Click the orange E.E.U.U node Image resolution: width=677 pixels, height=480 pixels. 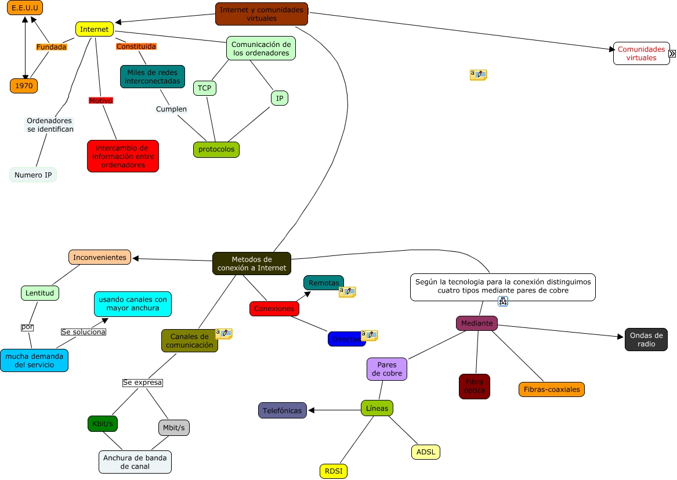tap(25, 8)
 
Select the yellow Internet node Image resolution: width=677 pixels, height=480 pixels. tap(94, 29)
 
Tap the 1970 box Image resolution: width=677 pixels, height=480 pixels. tap(24, 86)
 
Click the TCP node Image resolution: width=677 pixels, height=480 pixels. tap(204, 88)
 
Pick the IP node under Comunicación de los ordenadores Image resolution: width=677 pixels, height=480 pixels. tap(279, 99)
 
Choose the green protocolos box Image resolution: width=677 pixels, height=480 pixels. tap(216, 150)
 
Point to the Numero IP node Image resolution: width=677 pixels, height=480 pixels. tap(33, 175)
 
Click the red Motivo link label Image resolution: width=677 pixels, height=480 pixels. tap(100, 100)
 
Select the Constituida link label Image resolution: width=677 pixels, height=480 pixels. tap(136, 46)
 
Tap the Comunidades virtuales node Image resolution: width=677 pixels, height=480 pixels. tap(640, 53)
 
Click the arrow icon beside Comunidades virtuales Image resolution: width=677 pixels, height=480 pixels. tap(672, 53)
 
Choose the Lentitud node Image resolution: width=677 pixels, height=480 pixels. tap(40, 293)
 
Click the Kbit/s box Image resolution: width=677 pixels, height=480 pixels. tap(103, 424)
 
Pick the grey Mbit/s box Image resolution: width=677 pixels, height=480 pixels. tap(174, 428)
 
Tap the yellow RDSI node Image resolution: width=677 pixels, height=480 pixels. tap(333, 471)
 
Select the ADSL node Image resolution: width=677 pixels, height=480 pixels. tap(426, 452)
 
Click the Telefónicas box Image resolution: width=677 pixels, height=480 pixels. tap(282, 410)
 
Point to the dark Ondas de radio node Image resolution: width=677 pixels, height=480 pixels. tap(646, 340)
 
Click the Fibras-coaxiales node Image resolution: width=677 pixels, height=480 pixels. tap(551, 389)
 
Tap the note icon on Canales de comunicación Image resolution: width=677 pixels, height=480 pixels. tap(223, 334)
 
